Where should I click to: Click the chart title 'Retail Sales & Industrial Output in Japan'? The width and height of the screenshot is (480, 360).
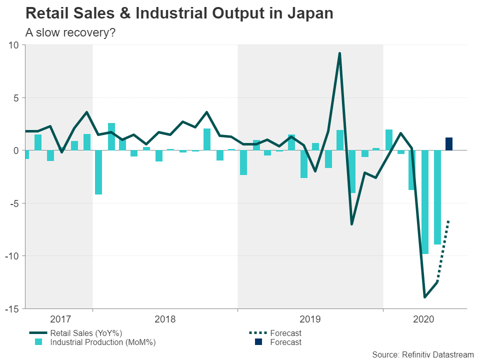click(x=179, y=13)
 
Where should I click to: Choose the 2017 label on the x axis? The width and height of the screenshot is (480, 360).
click(x=61, y=318)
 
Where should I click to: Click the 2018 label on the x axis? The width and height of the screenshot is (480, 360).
click(x=165, y=318)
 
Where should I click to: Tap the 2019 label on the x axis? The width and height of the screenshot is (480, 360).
click(x=310, y=318)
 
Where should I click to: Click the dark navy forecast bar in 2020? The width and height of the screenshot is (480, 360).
click(x=449, y=144)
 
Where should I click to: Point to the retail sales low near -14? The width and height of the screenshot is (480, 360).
click(x=425, y=297)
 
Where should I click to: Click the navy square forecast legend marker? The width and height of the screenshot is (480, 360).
click(x=258, y=342)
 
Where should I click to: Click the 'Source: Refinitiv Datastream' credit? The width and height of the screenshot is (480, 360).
click(x=423, y=354)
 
